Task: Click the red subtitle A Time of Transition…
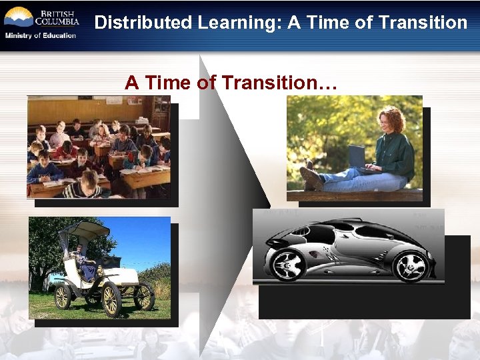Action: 231,83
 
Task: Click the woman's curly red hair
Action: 393,120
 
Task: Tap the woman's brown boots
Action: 311,177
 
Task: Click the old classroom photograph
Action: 98,147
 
